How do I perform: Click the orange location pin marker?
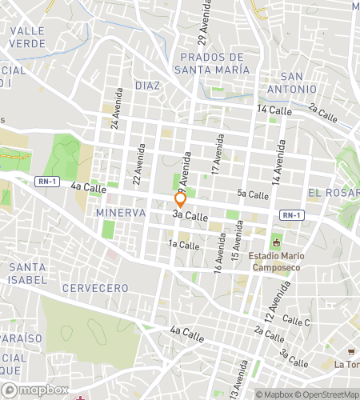click(x=181, y=199)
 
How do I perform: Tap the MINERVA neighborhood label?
click(x=120, y=213)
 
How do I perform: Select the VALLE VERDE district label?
click(x=27, y=36)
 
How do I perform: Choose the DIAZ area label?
click(x=147, y=86)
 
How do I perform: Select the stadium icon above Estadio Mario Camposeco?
click(x=278, y=243)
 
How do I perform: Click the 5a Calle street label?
click(x=252, y=194)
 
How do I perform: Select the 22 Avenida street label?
click(x=141, y=164)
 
